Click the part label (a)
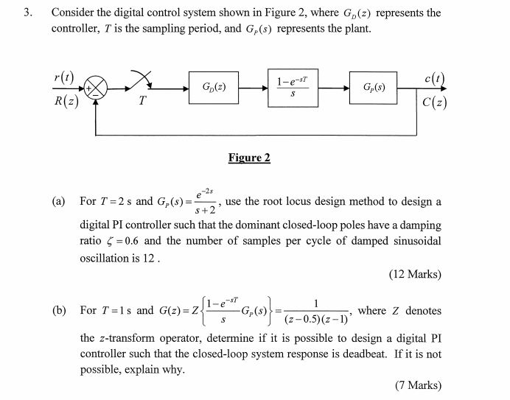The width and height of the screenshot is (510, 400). click(59, 201)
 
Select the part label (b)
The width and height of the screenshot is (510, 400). click(59, 310)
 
